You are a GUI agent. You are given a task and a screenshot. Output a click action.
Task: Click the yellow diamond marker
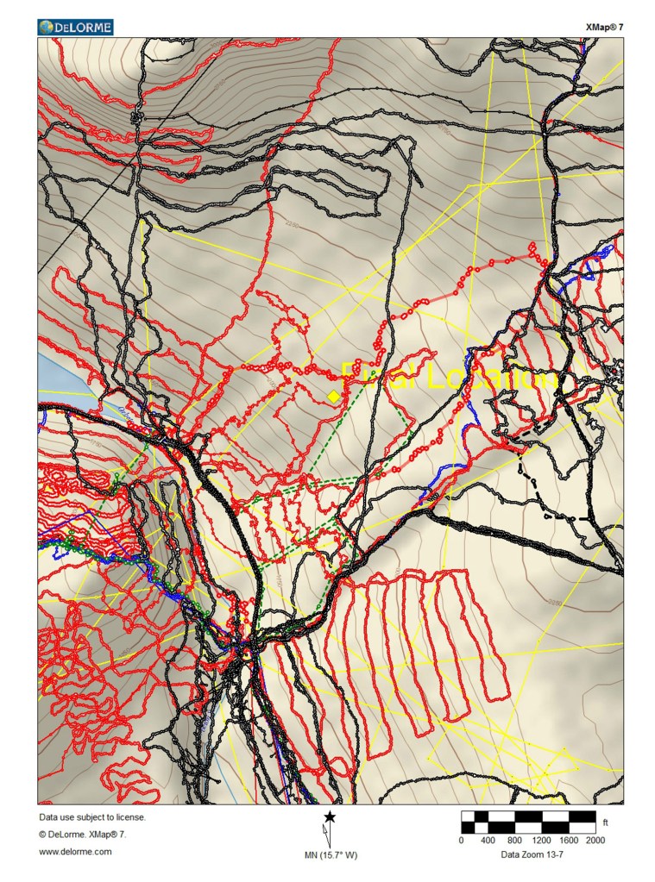333,395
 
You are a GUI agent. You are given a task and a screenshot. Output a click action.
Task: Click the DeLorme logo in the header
75,28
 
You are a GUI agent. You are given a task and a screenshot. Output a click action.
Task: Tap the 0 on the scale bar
462,840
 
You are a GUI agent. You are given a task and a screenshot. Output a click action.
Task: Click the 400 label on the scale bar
488,840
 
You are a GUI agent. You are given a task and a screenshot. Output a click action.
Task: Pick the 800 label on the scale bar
514,840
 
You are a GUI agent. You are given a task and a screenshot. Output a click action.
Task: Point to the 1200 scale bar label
541,840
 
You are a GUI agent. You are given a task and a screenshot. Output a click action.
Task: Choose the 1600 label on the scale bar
568,840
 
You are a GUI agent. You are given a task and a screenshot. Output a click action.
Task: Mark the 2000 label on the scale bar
595,840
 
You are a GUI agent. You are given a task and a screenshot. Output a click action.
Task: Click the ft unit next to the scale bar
606,823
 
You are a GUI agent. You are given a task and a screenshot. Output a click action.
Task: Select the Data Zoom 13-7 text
528,855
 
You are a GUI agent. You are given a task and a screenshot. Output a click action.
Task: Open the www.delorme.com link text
75,851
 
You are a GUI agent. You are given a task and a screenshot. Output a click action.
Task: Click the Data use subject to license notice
92,816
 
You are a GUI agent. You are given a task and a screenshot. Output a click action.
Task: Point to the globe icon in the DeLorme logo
46,28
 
